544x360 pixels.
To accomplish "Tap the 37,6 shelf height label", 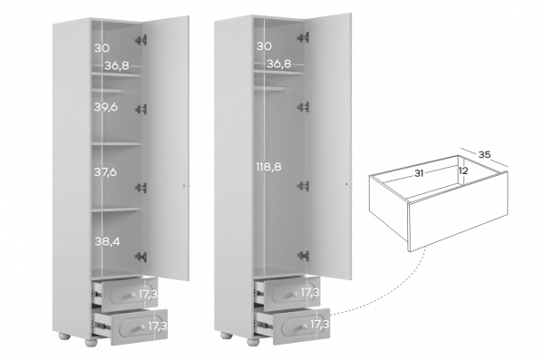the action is click(105, 172).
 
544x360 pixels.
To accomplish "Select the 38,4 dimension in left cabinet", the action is click(108, 241).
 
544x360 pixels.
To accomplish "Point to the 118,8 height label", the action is click(269, 167).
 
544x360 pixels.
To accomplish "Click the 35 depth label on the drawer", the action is click(484, 154).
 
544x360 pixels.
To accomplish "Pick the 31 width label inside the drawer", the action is click(419, 173).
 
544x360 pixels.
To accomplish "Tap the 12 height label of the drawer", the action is click(463, 170).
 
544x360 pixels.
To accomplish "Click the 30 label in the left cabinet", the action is click(102, 48).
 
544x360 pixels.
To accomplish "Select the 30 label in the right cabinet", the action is click(264, 46).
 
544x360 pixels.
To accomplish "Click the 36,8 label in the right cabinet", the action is click(279, 63).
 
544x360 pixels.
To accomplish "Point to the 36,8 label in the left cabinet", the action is click(117, 65).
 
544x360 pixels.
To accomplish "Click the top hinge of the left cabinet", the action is click(141, 40).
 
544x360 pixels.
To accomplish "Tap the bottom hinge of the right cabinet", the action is click(303, 256).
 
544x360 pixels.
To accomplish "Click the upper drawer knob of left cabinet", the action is click(132, 295).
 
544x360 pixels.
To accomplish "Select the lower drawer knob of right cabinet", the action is click(305, 326).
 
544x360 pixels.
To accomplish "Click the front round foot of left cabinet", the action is click(92, 342).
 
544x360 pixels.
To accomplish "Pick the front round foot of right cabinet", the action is click(254, 341).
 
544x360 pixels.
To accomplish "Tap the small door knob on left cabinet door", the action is click(184, 186).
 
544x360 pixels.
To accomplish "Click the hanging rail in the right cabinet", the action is click(269, 89).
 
